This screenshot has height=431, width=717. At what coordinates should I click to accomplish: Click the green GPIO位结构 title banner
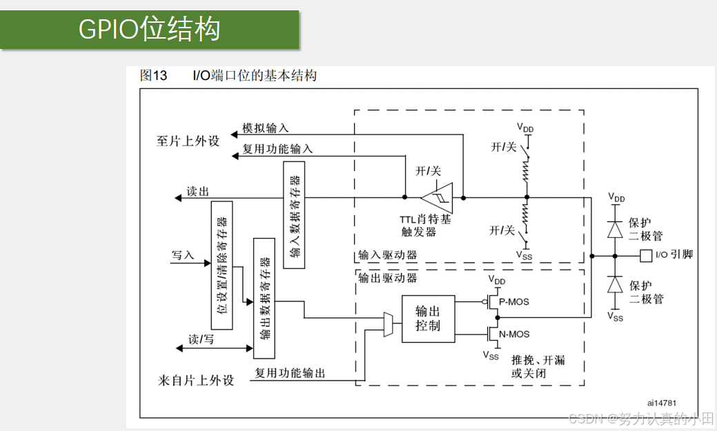point(150,30)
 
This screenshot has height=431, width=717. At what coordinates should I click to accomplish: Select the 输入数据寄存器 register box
point(294,215)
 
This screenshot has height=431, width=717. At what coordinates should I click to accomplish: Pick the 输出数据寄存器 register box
point(264,298)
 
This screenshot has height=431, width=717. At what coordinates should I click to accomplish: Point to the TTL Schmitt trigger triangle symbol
point(438,198)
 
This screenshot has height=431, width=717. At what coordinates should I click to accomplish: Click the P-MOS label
point(514,301)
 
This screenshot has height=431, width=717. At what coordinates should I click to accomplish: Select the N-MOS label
point(514,334)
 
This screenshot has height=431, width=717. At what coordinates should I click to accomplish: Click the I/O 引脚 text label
point(674,255)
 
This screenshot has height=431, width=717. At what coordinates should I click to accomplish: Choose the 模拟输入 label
point(265,128)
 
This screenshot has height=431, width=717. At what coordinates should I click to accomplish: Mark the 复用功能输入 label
point(277,148)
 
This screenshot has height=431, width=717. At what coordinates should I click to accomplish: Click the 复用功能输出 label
point(290,373)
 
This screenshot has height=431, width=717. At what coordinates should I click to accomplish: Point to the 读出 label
point(197,192)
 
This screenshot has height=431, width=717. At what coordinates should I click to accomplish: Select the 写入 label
point(183,255)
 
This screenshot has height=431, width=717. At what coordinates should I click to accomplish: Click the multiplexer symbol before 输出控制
point(389,324)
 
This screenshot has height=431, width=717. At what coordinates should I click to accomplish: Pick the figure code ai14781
point(662,402)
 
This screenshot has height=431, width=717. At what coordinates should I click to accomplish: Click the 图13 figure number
point(153,76)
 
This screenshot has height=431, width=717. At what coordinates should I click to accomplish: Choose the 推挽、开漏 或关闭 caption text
point(538,366)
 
